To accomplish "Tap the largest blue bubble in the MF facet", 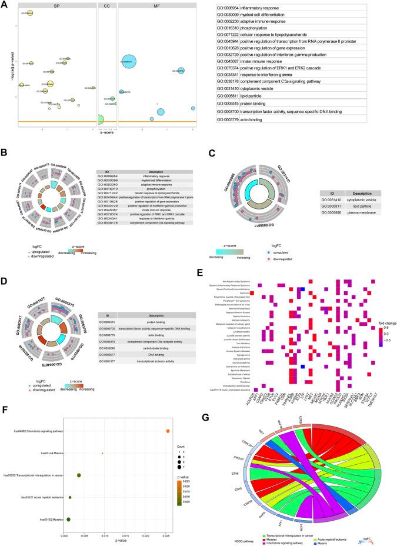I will click(x=127, y=61).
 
